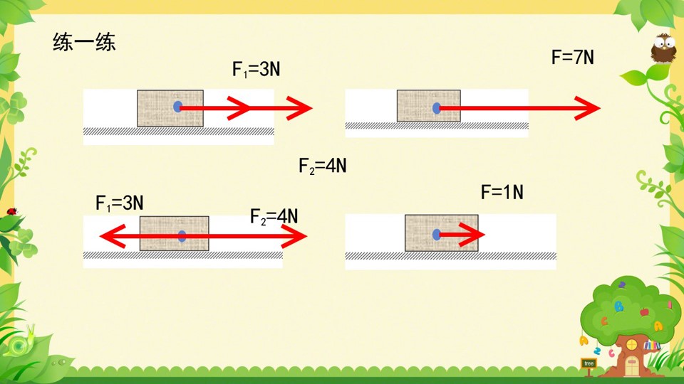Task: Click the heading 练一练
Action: coord(84,42)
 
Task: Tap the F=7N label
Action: coord(573,58)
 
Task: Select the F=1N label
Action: coord(502,192)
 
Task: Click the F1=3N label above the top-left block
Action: coord(256,70)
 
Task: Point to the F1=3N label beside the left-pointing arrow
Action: coord(120,203)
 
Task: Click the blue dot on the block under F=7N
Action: coord(437,108)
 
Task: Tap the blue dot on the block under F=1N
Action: coord(436,235)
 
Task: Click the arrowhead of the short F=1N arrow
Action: coord(472,235)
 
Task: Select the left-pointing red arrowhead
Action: coord(113,236)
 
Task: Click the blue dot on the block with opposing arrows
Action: coord(182,236)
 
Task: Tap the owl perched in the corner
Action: coord(663,48)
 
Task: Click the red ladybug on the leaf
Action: coord(12,212)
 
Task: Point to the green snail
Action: coord(22,342)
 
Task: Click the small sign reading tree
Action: coord(589,363)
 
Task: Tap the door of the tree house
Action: coord(632,366)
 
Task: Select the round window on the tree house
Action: coord(631,345)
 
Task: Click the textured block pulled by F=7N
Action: coord(429,106)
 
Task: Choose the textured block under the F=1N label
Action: coord(442,233)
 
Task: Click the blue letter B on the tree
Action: coord(618,306)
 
